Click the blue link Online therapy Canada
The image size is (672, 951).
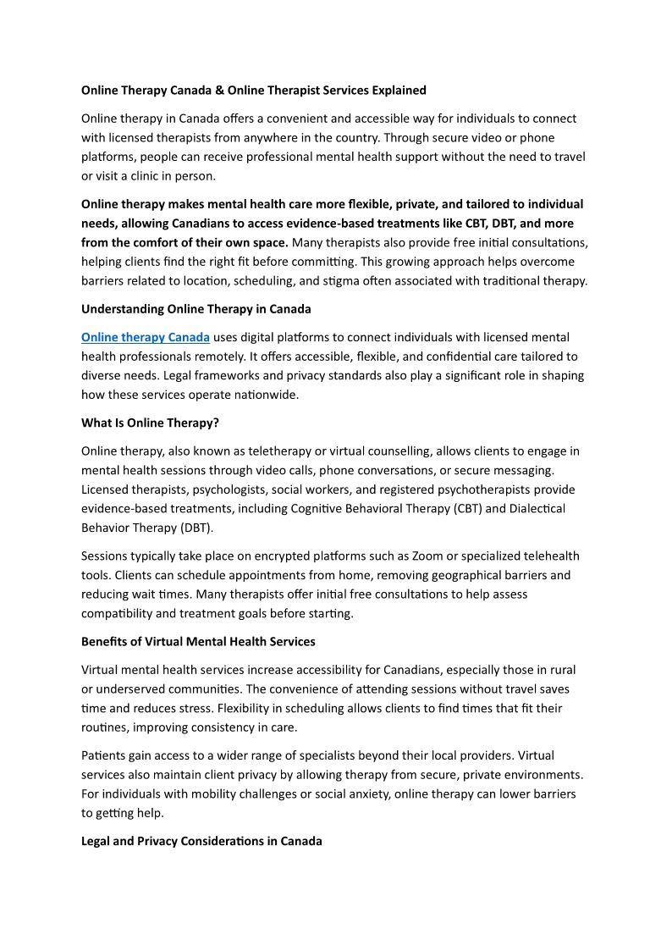146,337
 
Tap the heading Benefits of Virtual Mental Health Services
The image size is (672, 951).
198,641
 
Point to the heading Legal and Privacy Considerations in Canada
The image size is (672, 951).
201,841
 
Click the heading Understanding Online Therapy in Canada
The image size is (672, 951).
196,309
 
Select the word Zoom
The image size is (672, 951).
427,556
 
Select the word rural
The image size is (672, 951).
561,670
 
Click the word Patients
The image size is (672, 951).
105,755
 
